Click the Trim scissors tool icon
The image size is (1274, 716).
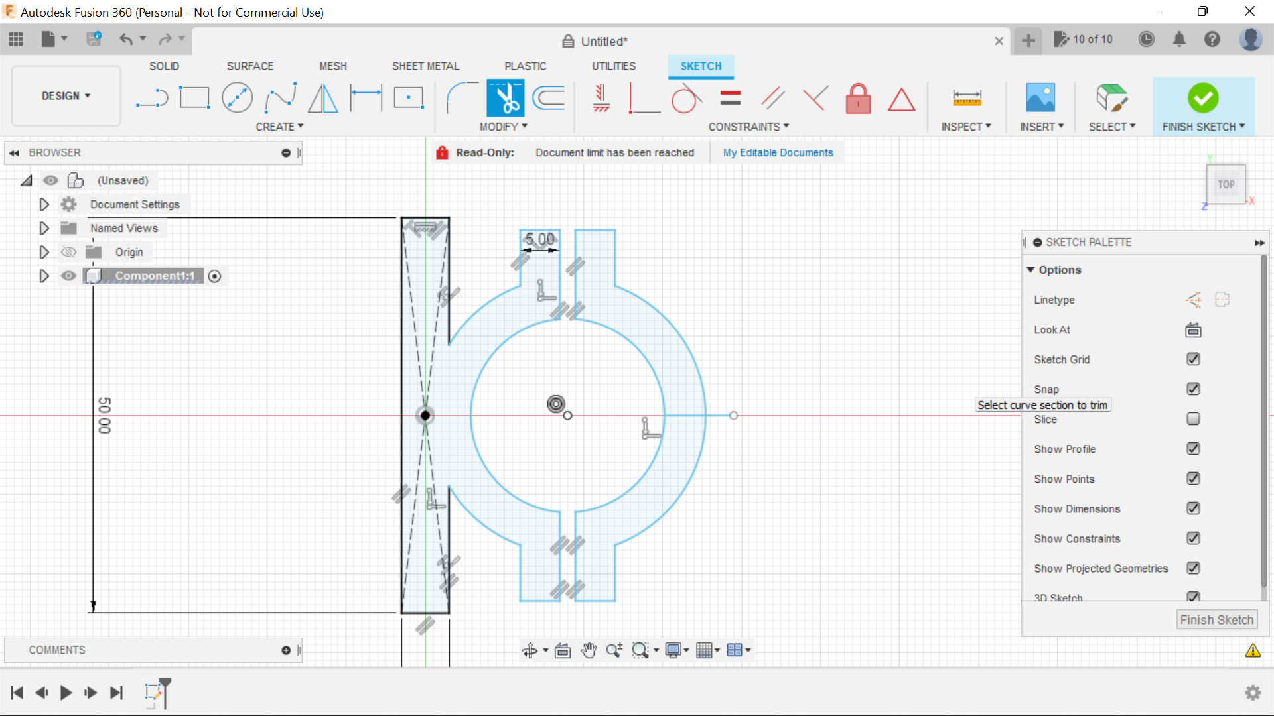point(506,98)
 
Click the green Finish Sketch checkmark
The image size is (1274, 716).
point(1202,98)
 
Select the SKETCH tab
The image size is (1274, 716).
point(701,66)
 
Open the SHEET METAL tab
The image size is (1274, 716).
point(425,66)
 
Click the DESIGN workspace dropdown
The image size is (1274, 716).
point(66,96)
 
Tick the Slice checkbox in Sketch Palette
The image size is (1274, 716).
point(1193,419)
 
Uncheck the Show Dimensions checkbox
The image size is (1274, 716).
point(1193,508)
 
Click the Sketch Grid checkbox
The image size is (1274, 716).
point(1193,359)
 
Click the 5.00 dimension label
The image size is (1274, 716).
point(540,239)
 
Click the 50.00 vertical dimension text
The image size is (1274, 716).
point(104,416)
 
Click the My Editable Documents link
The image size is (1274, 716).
point(778,152)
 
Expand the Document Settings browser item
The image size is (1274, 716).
point(44,204)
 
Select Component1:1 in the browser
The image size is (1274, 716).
point(155,276)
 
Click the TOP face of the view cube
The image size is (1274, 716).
point(1226,185)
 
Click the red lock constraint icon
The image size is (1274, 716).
point(858,99)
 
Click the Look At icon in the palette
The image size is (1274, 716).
point(1193,329)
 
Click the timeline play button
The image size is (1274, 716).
point(66,693)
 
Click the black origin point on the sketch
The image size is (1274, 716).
point(425,416)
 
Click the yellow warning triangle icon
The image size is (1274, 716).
point(1253,650)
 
